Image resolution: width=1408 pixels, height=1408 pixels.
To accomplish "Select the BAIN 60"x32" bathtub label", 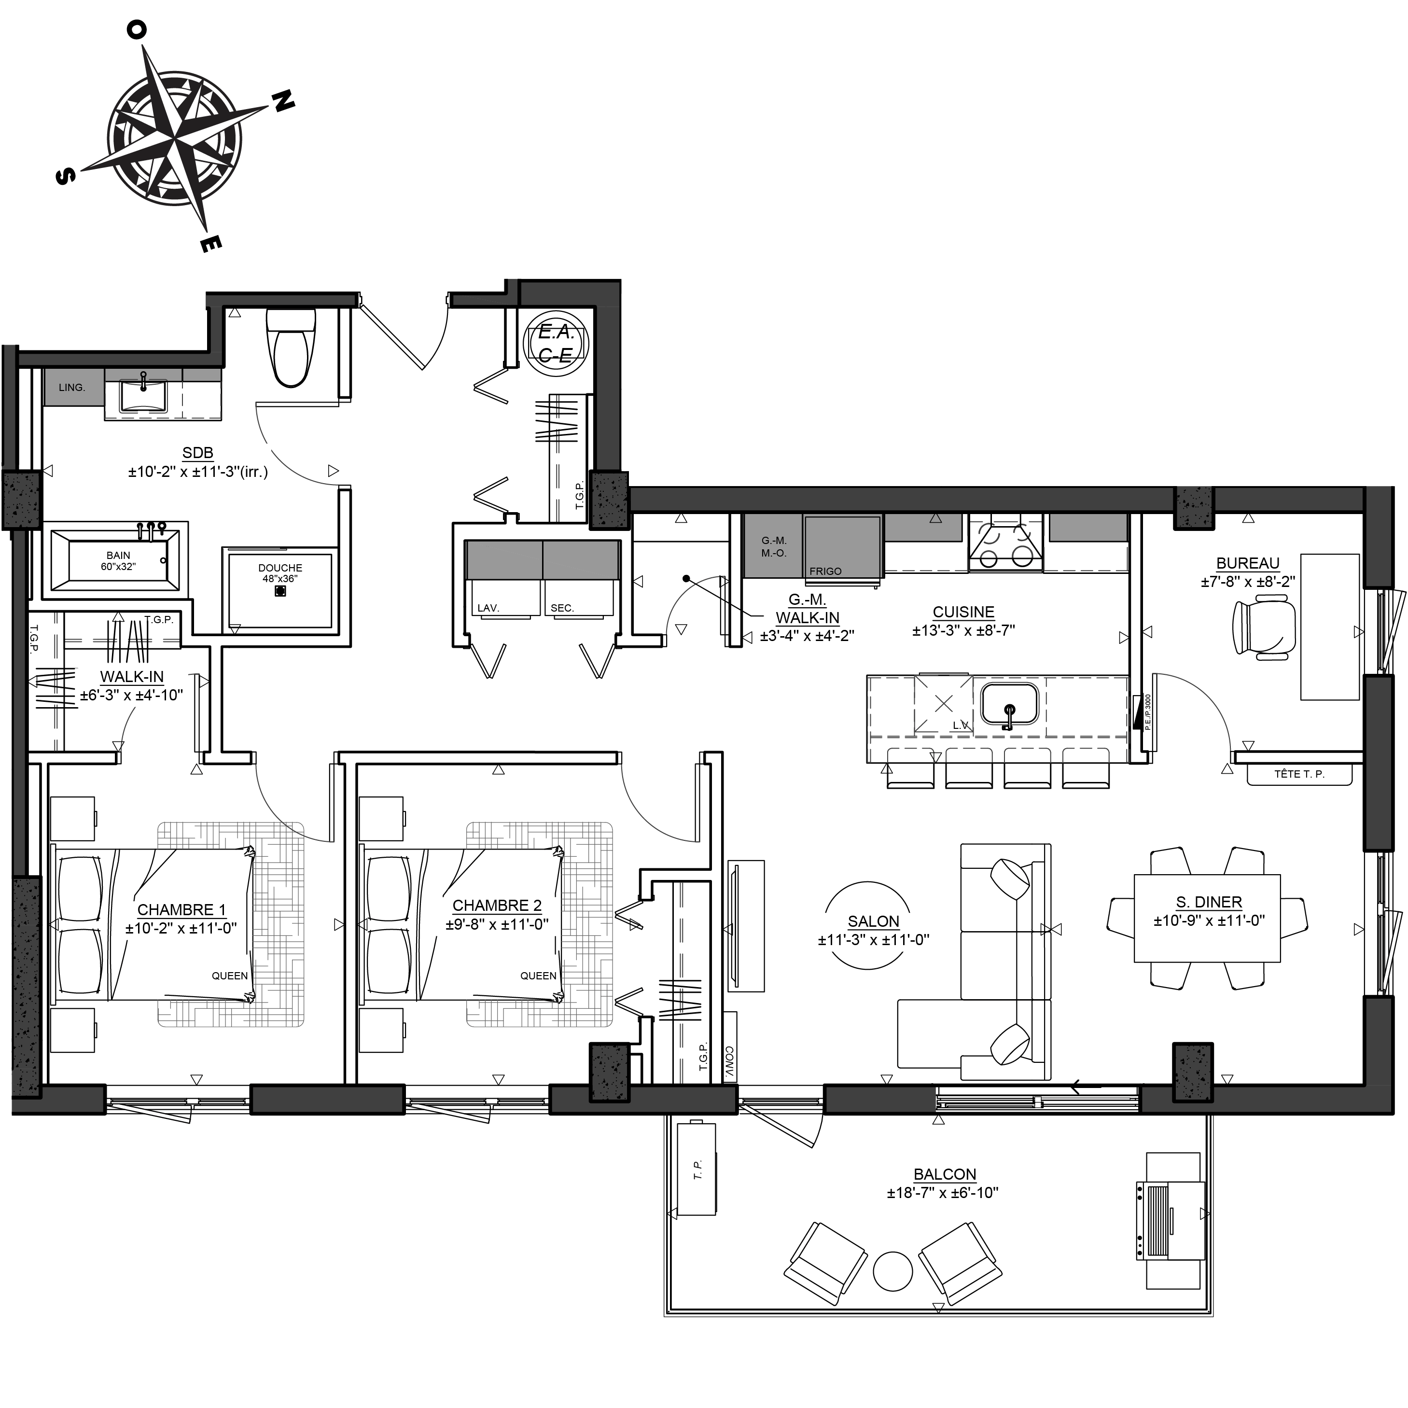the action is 118,560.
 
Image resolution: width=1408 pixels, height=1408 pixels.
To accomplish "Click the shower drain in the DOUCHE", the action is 280,591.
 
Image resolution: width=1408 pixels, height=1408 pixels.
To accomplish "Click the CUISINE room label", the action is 963,612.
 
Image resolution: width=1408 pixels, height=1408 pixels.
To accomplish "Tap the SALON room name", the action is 873,921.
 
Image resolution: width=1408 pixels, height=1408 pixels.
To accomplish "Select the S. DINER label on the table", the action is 1208,902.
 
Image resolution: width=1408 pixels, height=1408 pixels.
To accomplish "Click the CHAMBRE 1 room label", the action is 181,909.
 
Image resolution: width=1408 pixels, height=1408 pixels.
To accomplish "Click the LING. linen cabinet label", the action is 72,388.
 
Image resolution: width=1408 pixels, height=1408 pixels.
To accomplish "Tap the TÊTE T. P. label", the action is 1299,774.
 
